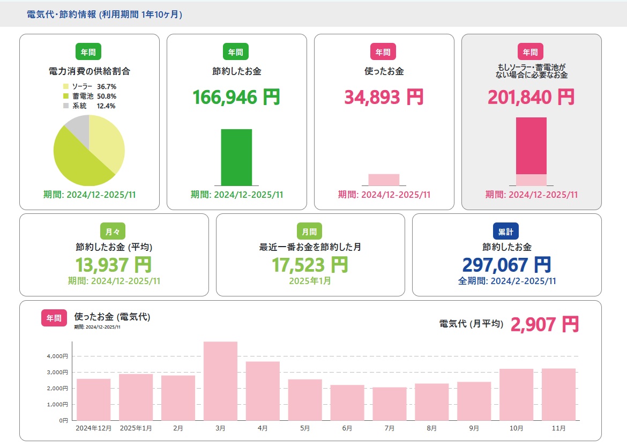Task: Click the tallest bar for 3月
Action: click(x=220, y=381)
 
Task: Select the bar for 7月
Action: click(x=390, y=404)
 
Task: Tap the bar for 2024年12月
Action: click(x=93, y=399)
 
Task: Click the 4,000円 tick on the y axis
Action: click(x=57, y=356)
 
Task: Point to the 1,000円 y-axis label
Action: click(x=57, y=404)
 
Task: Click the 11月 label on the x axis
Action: click(x=558, y=428)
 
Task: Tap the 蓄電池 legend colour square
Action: click(x=66, y=96)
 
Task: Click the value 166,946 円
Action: click(x=236, y=97)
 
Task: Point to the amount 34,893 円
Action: click(x=384, y=97)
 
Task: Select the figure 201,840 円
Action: click(x=531, y=97)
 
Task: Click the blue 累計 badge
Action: click(x=506, y=231)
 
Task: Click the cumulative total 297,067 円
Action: click(x=506, y=264)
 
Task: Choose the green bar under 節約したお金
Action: click(x=236, y=157)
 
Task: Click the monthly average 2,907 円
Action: click(x=544, y=324)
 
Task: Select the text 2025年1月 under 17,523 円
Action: click(x=310, y=280)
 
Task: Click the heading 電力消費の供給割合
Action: click(x=89, y=71)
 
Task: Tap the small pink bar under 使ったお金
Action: click(x=384, y=180)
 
